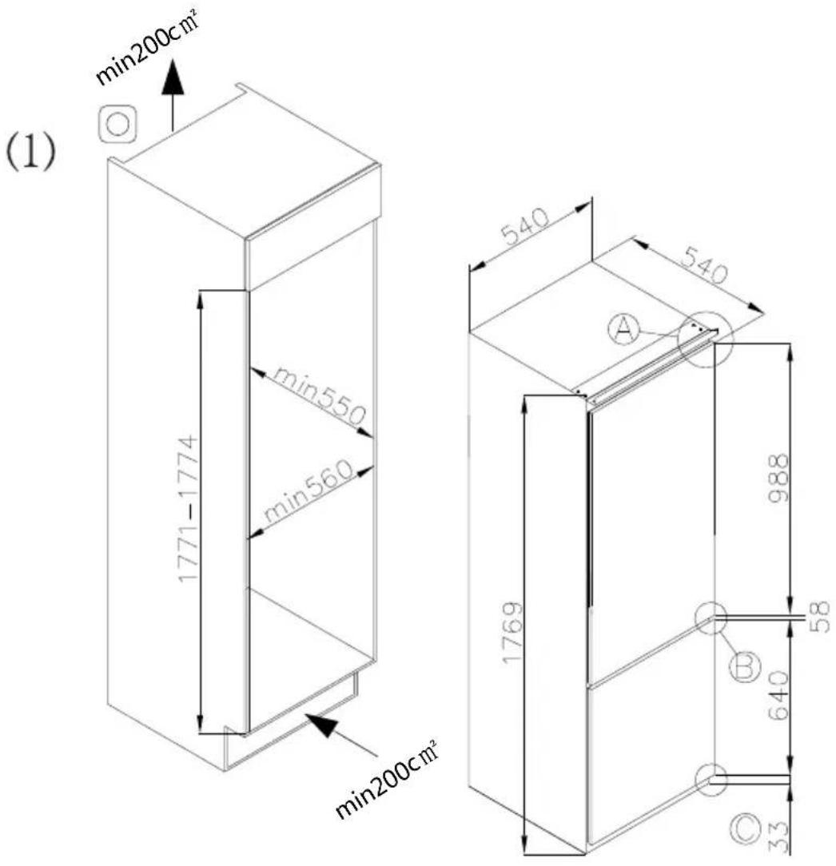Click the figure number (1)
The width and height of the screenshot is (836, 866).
(x=31, y=153)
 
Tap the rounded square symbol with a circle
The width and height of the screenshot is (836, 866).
(x=117, y=124)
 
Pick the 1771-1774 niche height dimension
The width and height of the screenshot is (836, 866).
(x=188, y=509)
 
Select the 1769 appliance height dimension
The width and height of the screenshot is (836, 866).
(x=512, y=633)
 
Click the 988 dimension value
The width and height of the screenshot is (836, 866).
(x=779, y=478)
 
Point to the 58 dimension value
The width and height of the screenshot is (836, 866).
(x=821, y=617)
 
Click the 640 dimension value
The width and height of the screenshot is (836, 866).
(x=779, y=695)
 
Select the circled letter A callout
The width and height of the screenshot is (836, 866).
(x=624, y=329)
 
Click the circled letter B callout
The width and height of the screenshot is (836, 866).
(x=745, y=666)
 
